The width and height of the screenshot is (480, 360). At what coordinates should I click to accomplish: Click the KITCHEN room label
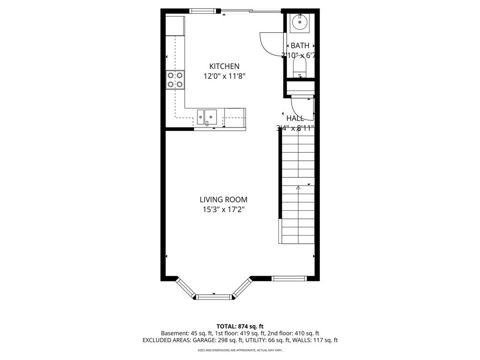(224, 67)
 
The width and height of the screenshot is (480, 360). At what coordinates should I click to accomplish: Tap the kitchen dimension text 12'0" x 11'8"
(224, 76)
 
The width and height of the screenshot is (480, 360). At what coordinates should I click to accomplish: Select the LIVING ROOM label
(224, 200)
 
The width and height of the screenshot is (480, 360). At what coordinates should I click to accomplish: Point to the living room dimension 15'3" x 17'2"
(224, 210)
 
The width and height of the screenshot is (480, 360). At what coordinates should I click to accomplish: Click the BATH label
(300, 45)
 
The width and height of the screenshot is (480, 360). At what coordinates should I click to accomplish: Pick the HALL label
(295, 118)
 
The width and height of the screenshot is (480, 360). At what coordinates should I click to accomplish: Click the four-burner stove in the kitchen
(175, 80)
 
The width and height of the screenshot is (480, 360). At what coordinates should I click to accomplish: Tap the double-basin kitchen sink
(207, 115)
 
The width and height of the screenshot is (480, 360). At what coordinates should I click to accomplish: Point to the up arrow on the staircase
(299, 187)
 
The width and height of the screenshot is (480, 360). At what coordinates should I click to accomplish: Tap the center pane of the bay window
(214, 296)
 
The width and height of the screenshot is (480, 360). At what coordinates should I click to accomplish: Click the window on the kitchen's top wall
(203, 11)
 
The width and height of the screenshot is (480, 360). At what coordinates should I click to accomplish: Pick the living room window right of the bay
(289, 278)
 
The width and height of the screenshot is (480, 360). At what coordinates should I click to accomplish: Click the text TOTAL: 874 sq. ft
(240, 326)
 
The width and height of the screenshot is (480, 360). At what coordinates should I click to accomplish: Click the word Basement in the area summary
(175, 333)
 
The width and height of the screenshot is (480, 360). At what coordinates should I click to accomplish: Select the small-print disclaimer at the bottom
(240, 350)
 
